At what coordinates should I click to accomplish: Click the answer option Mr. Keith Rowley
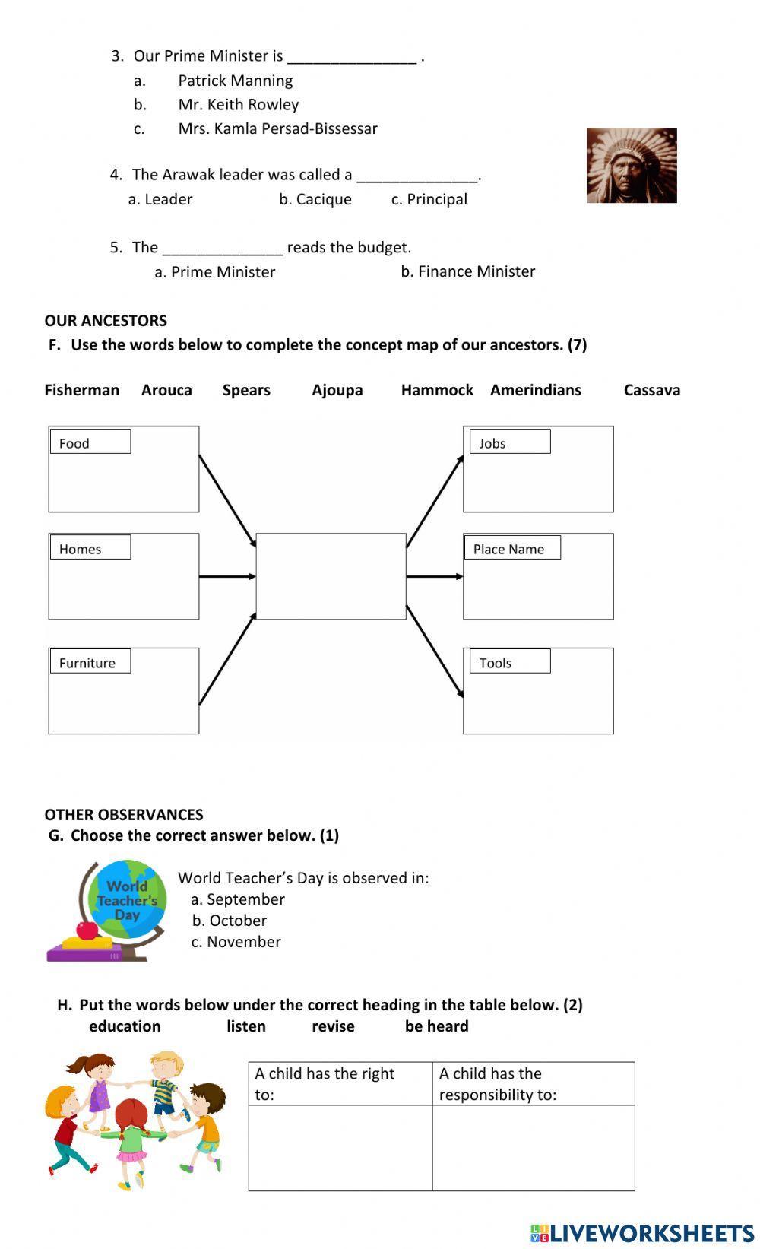[238, 104]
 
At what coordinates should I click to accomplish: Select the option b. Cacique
[315, 199]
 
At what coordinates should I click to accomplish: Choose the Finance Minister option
[468, 271]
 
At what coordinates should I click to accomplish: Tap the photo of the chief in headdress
[632, 166]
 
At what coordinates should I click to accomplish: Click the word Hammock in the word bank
[437, 390]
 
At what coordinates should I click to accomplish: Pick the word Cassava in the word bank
[651, 390]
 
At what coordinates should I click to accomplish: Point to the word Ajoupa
[337, 390]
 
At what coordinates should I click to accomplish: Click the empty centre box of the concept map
[331, 576]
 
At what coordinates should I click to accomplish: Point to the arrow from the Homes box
[227, 576]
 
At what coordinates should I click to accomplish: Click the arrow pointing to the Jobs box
[435, 502]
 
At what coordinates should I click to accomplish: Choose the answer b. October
[229, 921]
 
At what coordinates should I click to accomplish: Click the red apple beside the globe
[87, 929]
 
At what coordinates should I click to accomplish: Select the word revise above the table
[333, 1026]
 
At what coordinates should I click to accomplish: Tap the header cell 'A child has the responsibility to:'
[533, 1083]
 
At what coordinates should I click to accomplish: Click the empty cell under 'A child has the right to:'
[340, 1148]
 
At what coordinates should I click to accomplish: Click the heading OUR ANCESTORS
[106, 321]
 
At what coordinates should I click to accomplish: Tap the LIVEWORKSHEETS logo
[642, 1233]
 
